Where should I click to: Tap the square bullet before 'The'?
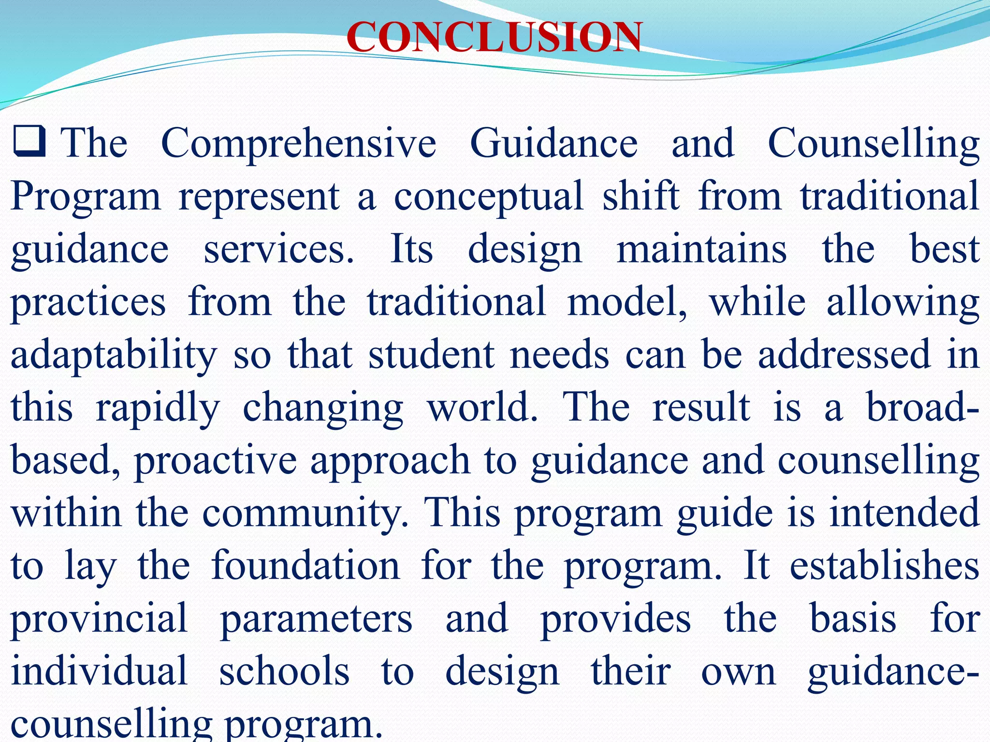coord(29,141)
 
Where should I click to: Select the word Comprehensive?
coord(298,143)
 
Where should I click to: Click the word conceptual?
coord(488,197)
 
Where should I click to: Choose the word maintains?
coord(701,249)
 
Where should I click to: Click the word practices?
coord(88,303)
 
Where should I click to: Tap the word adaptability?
coord(114,356)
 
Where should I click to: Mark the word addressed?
coord(844,355)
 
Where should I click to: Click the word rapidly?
coord(158,409)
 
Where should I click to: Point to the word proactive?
coord(215,461)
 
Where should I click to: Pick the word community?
coord(306,514)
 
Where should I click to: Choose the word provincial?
coord(99,619)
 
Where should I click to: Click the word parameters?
coord(316,619)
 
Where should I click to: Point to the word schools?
coord(284,671)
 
